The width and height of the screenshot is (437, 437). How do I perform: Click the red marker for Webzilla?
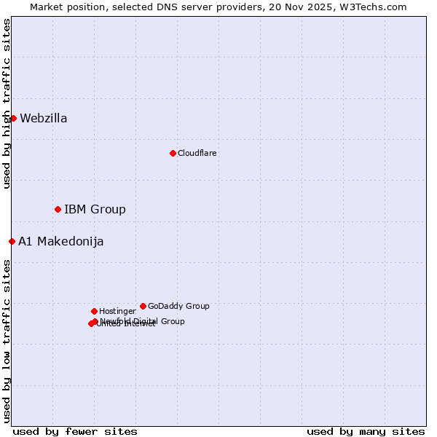coord(13,118)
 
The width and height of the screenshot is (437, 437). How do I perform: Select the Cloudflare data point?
coord(173,153)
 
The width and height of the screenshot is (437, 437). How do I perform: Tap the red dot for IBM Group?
coord(58,209)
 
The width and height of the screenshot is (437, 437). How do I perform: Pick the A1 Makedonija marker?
coord(12,241)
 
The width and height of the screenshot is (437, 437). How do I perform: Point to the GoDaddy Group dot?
coord(143,306)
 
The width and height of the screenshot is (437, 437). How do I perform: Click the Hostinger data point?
coord(94,311)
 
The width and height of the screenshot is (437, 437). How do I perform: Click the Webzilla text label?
coord(44,119)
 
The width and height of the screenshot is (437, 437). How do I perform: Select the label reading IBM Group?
coord(95,210)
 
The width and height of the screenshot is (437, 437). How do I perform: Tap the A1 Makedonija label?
coord(61,242)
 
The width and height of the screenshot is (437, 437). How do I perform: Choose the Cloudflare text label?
coord(197,154)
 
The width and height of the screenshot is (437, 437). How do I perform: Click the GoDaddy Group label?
coord(178,307)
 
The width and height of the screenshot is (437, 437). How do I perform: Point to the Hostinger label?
coord(117,312)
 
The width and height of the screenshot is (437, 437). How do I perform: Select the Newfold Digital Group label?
coord(142,321)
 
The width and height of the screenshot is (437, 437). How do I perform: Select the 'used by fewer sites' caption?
coord(75,431)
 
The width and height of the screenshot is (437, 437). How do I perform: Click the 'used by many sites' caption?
coord(366,431)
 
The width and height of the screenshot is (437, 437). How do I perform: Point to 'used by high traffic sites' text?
coord(7,103)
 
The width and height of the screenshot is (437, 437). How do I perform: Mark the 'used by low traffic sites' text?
coord(7,340)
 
